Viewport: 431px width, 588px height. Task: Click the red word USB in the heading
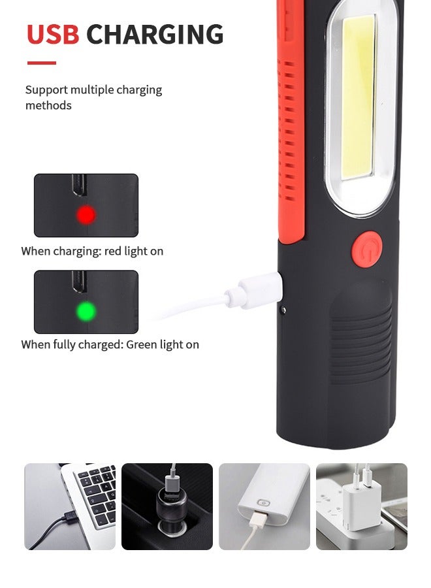[53, 35]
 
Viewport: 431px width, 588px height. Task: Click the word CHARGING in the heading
[155, 35]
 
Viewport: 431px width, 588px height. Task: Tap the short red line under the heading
[41, 63]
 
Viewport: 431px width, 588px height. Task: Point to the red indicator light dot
[86, 214]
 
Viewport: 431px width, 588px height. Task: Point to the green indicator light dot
[86, 310]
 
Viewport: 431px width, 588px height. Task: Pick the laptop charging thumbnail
[70, 506]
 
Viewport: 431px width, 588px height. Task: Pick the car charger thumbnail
[167, 506]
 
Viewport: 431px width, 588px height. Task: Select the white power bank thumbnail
[264, 506]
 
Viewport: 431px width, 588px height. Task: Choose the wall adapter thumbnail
[361, 506]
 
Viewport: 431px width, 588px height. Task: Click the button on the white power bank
[264, 504]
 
